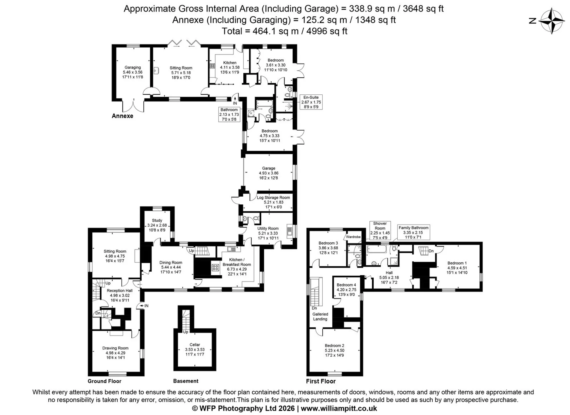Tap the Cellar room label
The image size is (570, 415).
[x=195, y=345]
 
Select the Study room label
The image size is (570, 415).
[x=157, y=220]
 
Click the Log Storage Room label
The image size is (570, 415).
[x=273, y=198]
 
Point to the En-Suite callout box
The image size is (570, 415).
[x=311, y=102]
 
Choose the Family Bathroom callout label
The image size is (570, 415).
[x=414, y=228]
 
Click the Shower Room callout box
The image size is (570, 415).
[x=380, y=230]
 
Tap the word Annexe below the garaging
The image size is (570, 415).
[x=123, y=116]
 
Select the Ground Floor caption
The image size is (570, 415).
[x=105, y=381]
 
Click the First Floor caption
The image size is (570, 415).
[x=321, y=381]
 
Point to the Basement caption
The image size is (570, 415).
[x=186, y=381]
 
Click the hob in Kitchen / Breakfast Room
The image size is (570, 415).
[x=215, y=268]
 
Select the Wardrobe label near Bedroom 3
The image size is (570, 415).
[x=353, y=237]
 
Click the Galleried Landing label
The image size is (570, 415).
[x=320, y=316]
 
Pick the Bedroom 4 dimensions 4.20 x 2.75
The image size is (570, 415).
[x=347, y=290]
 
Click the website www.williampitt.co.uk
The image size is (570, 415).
[x=339, y=408]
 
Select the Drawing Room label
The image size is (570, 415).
[x=115, y=348]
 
